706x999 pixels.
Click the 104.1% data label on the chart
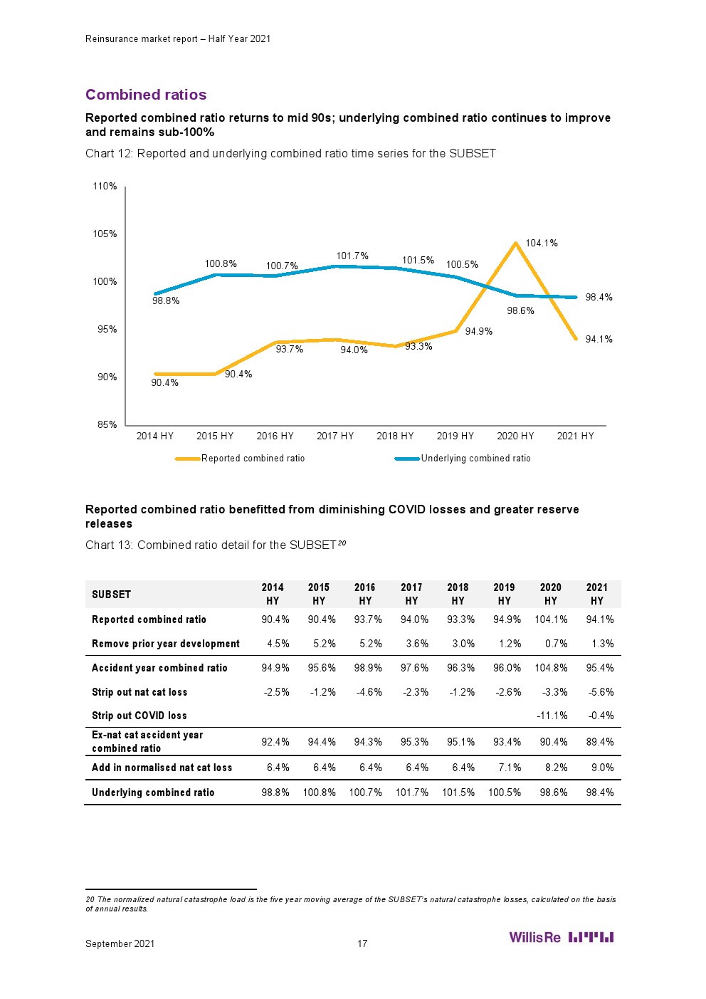tap(541, 244)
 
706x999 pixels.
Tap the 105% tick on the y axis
tap(105, 234)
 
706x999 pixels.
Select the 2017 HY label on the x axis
tap(334, 436)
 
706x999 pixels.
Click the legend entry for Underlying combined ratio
tap(475, 459)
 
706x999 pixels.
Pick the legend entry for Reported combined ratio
tap(253, 459)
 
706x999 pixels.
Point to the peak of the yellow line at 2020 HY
tap(516, 244)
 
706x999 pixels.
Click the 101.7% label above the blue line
tap(352, 256)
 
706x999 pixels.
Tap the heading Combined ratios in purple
tap(146, 95)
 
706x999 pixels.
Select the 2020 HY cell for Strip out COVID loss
tap(552, 716)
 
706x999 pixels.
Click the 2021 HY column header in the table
tap(597, 594)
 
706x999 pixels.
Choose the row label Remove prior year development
tap(166, 644)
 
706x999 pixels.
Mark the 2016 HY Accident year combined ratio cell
tap(368, 668)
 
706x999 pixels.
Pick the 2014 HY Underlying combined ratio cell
tap(275, 793)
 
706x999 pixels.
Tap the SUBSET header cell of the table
tap(112, 595)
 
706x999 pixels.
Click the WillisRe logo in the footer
tap(561, 937)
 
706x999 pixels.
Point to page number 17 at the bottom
tap(362, 944)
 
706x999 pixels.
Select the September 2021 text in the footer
tap(120, 944)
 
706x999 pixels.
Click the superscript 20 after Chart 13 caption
tap(342, 543)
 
